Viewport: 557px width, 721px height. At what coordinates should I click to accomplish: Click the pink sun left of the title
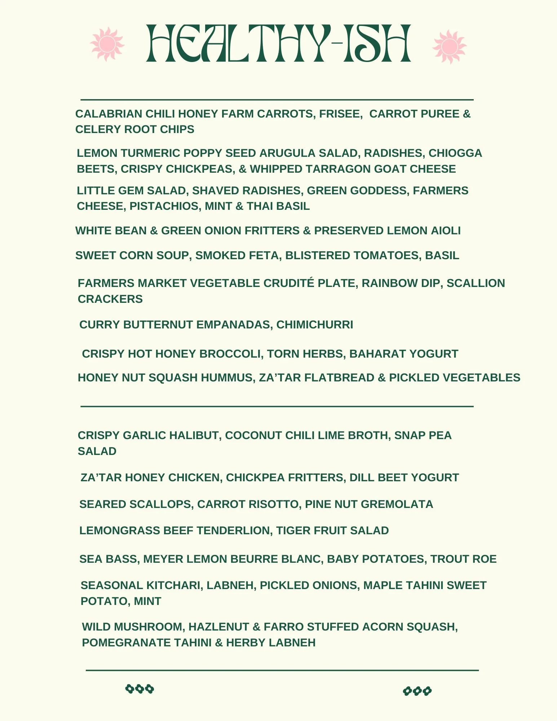pyautogui.click(x=107, y=44)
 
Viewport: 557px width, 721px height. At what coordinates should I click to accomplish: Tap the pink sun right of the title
pyautogui.click(x=449, y=47)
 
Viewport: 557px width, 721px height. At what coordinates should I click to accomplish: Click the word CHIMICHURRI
pyautogui.click(x=315, y=325)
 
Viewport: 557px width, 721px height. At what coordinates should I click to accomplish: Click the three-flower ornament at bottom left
pyautogui.click(x=140, y=689)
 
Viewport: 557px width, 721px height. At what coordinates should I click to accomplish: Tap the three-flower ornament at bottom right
pyautogui.click(x=417, y=691)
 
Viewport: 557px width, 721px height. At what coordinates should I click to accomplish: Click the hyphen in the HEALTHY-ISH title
pyautogui.click(x=338, y=44)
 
